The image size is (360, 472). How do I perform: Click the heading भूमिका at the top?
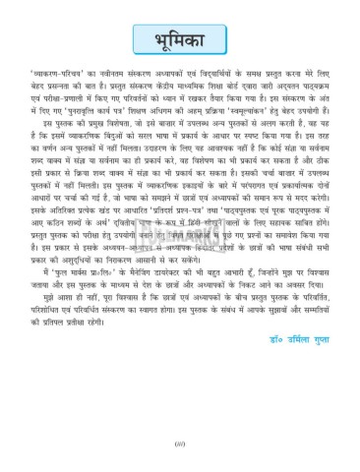click(179, 42)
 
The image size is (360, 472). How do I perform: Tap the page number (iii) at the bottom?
click(181, 448)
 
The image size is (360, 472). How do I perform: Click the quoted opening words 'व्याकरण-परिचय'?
click(55, 100)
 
